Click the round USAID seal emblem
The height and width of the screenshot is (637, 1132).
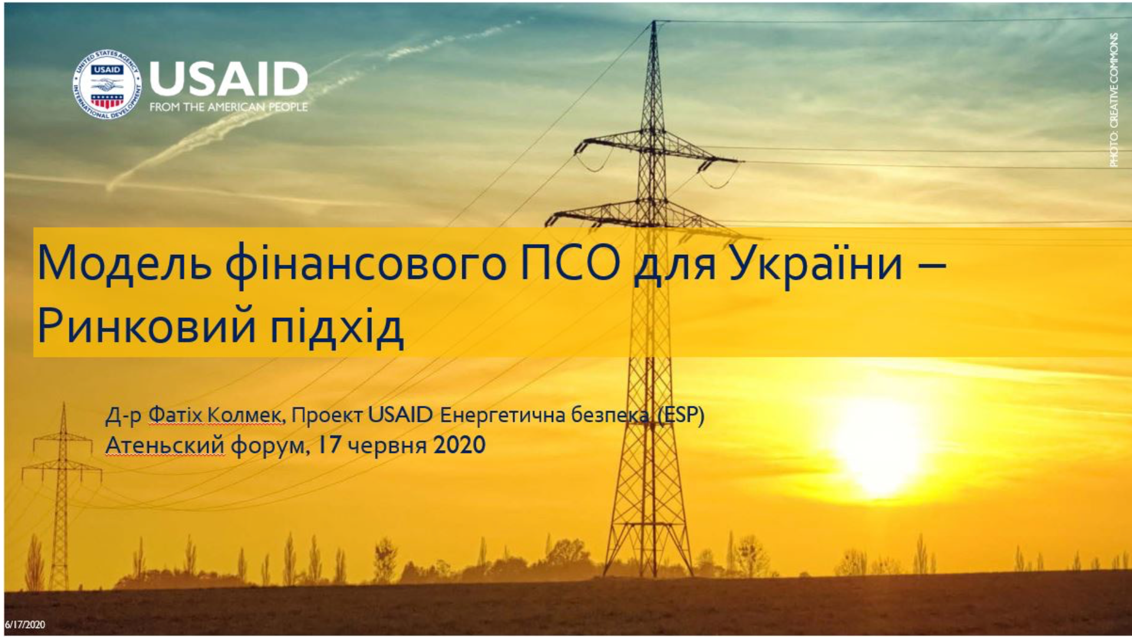coord(107,84)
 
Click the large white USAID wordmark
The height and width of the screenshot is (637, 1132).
coord(229,79)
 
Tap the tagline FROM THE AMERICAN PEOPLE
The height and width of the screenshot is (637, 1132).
coord(229,107)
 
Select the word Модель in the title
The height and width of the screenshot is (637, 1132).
coord(124,263)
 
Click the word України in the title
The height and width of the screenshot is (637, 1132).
coord(816,263)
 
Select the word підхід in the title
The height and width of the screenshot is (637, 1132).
coord(337,327)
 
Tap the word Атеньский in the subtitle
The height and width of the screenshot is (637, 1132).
coord(164,445)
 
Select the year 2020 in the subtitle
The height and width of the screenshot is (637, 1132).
coord(459,445)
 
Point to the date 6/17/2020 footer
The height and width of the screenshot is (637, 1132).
coord(25,625)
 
